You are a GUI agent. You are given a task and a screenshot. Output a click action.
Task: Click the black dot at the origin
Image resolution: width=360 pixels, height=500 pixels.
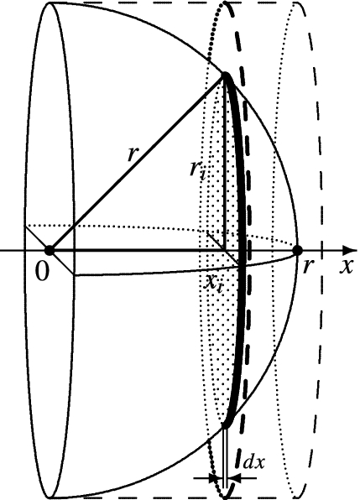pyautogui.click(x=50, y=250)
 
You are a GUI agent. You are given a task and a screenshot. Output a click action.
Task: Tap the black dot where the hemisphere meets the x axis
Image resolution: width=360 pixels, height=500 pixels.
pyautogui.click(x=296, y=250)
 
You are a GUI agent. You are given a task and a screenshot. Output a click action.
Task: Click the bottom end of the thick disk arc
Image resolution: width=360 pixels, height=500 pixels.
pyautogui.click(x=225, y=426)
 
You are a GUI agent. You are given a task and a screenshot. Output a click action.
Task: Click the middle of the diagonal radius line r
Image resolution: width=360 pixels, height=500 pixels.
pyautogui.click(x=138, y=164)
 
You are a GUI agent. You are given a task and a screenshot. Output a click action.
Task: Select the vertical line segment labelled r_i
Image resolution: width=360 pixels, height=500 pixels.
pyautogui.click(x=225, y=168)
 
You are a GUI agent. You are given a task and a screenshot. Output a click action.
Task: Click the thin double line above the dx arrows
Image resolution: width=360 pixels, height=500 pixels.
pyautogui.click(x=225, y=453)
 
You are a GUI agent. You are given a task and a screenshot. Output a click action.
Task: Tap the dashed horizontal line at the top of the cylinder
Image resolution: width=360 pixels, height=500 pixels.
pyautogui.click(x=168, y=3)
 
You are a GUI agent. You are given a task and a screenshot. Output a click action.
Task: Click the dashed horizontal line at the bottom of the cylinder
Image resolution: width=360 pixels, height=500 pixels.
pyautogui.click(x=168, y=497)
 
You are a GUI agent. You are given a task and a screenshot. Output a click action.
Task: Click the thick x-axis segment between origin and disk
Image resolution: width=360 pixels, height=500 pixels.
pyautogui.click(x=143, y=250)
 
